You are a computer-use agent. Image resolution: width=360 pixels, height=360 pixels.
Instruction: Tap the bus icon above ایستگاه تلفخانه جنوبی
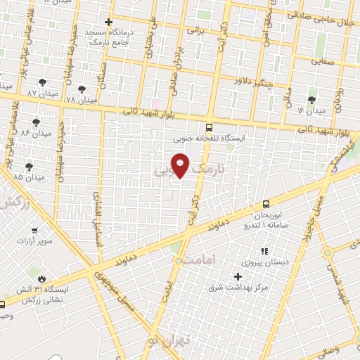[208, 127]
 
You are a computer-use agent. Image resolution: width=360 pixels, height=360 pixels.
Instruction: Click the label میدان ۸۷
[41, 93]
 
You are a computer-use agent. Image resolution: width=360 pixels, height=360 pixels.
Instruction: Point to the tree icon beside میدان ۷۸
[82, 89]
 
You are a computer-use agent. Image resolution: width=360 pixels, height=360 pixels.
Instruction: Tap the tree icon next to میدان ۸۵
[29, 166]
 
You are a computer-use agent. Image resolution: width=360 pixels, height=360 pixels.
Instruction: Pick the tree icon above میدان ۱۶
[312, 100]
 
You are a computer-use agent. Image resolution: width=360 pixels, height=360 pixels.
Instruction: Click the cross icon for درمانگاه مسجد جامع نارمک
[108, 22]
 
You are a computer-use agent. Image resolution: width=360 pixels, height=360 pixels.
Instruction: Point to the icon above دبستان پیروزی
[264, 250]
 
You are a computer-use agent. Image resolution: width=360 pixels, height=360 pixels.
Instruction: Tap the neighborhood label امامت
[196, 260]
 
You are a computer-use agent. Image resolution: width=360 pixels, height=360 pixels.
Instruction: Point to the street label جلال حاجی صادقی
[328, 23]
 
